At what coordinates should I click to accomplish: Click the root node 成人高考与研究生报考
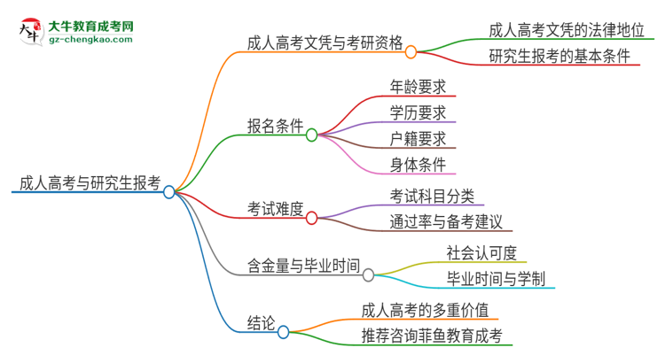coord(89,184)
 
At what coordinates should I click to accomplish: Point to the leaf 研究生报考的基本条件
coord(559,57)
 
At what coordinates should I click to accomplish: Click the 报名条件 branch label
coord(276,125)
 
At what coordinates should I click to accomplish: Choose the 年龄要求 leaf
coord(417,87)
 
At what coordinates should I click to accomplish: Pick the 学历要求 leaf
coord(417,112)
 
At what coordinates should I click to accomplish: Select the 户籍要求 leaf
coord(417,138)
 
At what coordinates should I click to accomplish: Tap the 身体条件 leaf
coord(417,164)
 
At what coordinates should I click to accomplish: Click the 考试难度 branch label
coord(276,209)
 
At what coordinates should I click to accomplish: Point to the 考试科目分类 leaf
coord(432,195)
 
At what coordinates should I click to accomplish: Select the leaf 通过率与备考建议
coord(446,220)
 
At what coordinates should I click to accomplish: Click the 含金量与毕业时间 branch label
coord(304,265)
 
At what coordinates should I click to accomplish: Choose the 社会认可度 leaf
coord(482,252)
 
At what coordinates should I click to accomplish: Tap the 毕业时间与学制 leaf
coord(497,278)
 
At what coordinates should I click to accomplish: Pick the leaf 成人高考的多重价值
coord(425,310)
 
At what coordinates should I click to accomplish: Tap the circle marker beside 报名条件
coord(311,135)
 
